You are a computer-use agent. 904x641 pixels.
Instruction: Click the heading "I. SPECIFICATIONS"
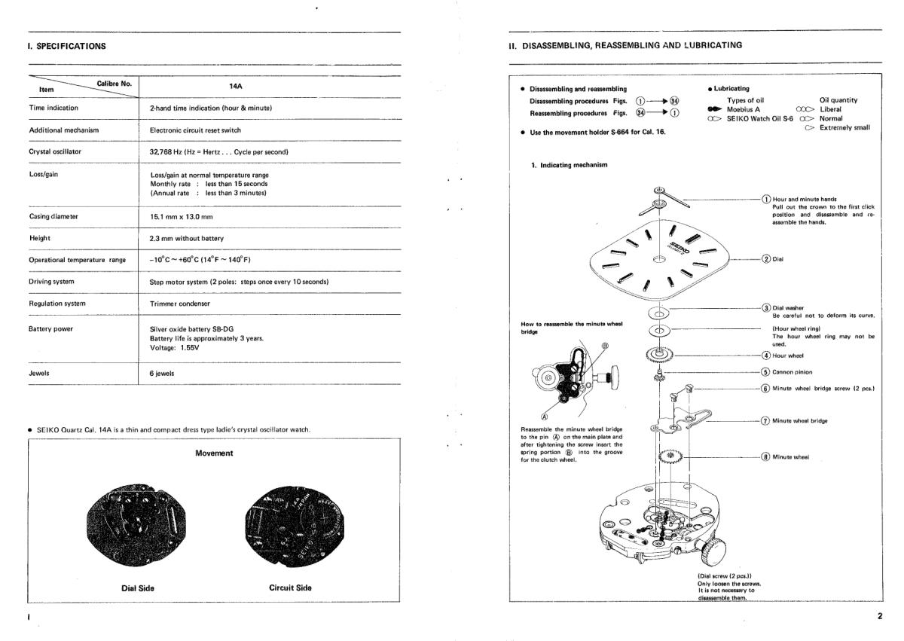click(x=66, y=46)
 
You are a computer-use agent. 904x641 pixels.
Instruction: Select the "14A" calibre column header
click(x=234, y=87)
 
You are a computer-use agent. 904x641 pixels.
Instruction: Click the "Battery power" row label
click(x=51, y=328)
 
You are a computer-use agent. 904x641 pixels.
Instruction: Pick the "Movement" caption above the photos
click(x=214, y=453)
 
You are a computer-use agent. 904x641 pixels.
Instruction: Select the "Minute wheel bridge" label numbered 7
click(x=799, y=420)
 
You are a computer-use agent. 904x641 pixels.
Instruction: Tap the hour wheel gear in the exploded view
click(x=658, y=354)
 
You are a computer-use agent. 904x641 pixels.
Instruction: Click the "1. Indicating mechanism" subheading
click(x=571, y=164)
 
